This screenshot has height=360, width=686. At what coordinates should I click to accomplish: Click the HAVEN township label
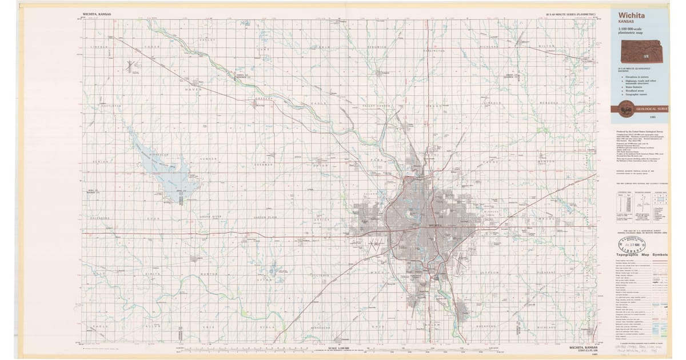(193, 90)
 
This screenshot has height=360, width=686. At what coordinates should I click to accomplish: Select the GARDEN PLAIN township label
(264, 218)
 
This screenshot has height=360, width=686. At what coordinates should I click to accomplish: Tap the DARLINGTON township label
(433, 51)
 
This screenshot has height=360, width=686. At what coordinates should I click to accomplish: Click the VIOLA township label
(267, 328)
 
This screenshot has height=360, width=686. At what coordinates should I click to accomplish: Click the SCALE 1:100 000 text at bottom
(339, 348)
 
